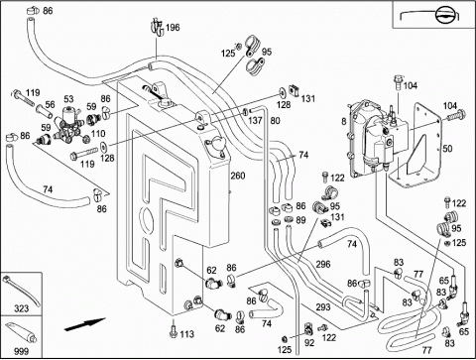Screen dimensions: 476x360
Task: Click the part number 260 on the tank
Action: (238, 176)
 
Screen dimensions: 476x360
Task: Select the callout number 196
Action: (173, 27)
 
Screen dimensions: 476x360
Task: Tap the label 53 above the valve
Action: (68, 99)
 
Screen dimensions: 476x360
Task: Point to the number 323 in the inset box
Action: (21, 308)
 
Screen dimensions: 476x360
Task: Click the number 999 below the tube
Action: (21, 351)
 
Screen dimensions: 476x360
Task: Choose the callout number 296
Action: (323, 264)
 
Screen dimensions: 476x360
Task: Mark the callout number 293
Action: (323, 307)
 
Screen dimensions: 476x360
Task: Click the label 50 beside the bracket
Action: (447, 149)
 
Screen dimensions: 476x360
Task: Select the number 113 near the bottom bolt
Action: (186, 334)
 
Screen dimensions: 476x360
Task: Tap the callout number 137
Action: (255, 120)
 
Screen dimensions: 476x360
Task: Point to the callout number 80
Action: (275, 120)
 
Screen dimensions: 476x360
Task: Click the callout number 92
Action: (309, 343)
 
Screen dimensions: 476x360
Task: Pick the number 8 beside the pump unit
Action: (344, 122)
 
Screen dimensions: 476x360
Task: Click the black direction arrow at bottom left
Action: (84, 323)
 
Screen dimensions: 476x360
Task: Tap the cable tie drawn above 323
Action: (21, 291)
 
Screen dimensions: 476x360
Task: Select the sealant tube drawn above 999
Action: (21, 333)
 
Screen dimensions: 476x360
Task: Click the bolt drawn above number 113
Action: (173, 331)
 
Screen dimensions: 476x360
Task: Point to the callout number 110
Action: (98, 134)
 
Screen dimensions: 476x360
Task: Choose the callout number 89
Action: (300, 220)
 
